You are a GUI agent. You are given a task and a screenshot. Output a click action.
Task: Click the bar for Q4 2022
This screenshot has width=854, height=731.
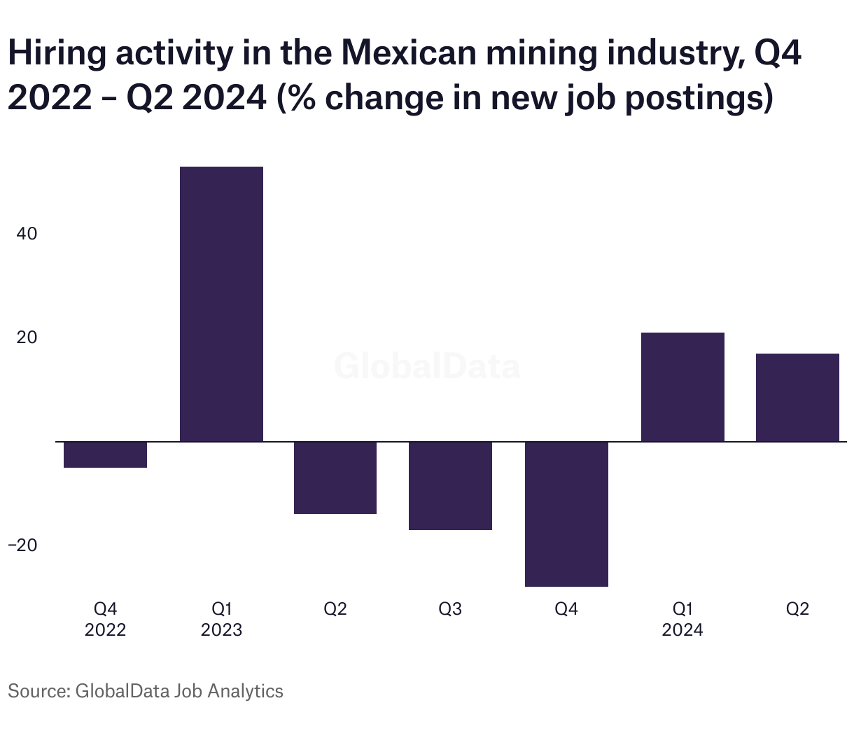(105, 454)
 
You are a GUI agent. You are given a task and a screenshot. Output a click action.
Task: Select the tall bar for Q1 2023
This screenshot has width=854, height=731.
(221, 304)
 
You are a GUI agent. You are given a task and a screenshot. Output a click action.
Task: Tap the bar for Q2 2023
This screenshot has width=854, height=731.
(335, 478)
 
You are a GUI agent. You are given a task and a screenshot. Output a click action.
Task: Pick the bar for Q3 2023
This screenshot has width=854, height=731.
(450, 486)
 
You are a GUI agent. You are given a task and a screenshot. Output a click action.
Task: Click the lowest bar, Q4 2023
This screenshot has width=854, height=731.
(566, 514)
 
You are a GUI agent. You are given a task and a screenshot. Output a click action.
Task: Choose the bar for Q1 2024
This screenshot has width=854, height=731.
(682, 387)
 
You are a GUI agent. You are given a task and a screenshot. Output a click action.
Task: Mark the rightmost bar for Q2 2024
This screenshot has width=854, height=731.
(797, 397)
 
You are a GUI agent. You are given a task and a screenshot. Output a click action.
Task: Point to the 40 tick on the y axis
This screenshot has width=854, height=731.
(27, 234)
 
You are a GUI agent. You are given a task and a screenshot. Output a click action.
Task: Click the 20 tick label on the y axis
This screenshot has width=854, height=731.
(27, 337)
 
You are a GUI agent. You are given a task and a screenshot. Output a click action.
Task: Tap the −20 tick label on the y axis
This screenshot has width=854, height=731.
(22, 545)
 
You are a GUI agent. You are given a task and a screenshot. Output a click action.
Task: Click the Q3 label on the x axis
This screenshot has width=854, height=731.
(450, 609)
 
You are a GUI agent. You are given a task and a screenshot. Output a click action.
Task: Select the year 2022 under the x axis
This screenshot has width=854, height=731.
(105, 630)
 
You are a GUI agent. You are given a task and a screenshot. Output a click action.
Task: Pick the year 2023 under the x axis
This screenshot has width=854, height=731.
(221, 630)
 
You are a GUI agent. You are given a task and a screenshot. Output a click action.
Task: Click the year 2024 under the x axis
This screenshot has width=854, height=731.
(682, 630)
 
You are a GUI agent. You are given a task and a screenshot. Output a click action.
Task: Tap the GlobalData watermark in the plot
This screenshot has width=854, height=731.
(427, 366)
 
